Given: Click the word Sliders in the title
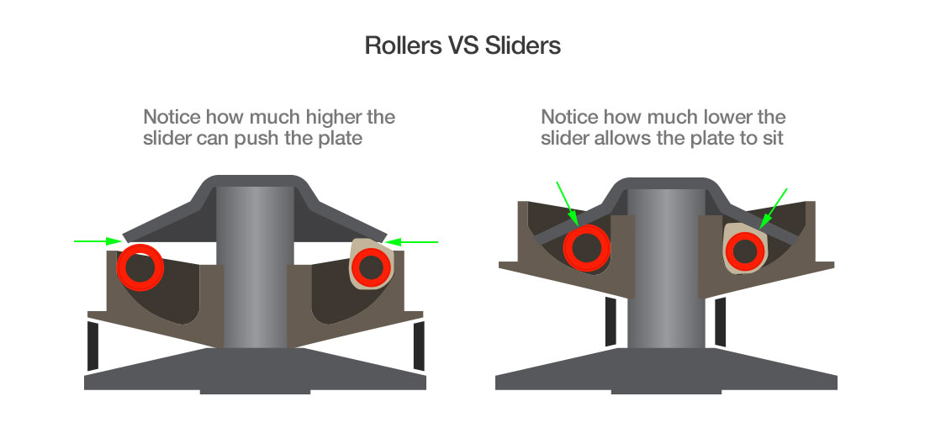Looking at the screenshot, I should [523, 45].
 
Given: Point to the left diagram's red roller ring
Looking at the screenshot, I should [140, 265].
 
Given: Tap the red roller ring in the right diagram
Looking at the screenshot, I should [586, 247].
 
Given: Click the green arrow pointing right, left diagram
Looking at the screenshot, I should [96, 241].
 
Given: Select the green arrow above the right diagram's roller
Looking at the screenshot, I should [565, 201].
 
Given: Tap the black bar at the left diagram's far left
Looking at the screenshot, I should [93, 346].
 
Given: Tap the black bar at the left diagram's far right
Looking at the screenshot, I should [419, 346].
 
